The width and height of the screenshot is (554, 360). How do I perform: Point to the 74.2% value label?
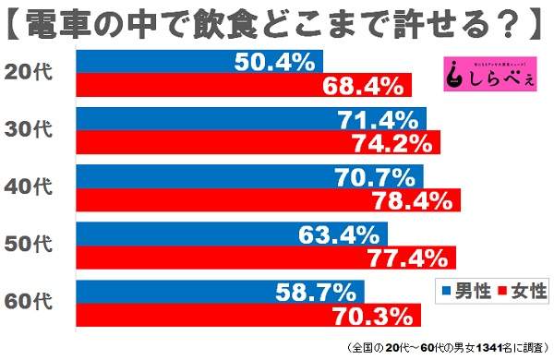click(x=393, y=143)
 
